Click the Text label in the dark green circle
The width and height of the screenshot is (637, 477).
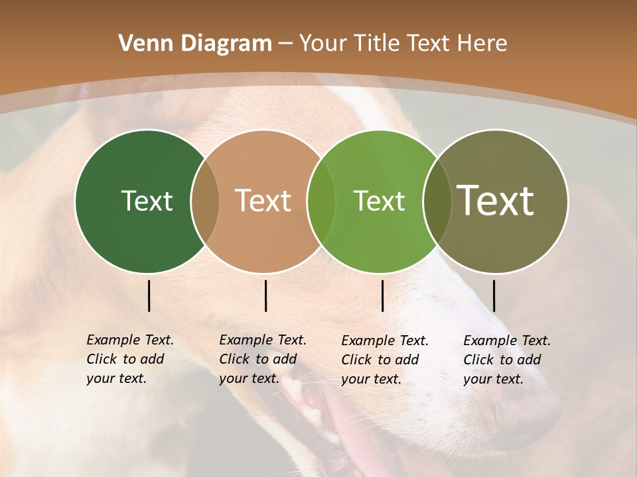click(x=147, y=201)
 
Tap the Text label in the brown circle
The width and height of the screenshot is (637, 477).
click(x=263, y=201)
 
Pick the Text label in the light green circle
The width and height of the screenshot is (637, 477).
click(x=379, y=201)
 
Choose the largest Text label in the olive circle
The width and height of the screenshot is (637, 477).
click(x=496, y=201)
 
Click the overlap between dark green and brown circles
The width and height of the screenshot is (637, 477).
click(x=205, y=201)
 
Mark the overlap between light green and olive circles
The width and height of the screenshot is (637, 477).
click(x=437, y=201)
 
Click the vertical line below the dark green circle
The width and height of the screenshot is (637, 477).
click(x=149, y=295)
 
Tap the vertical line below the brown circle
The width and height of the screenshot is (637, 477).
click(x=265, y=295)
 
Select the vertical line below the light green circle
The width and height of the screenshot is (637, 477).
click(x=382, y=295)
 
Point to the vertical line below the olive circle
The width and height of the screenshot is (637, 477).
click(x=494, y=295)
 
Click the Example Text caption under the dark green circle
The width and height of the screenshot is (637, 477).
click(x=129, y=359)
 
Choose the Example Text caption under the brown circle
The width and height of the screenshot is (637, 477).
click(x=262, y=359)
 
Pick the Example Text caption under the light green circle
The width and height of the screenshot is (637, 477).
click(x=384, y=360)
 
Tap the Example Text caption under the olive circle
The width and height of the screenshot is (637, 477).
click(x=506, y=360)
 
